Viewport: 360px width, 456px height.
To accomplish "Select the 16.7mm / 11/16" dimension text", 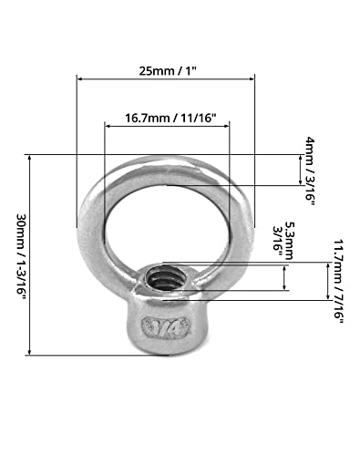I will [x=167, y=119].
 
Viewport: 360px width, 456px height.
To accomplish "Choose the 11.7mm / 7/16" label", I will [x=339, y=279].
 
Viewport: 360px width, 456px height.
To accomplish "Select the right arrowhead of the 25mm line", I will [x=254, y=78].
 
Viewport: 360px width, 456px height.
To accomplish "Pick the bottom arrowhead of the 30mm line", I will [x=32, y=352].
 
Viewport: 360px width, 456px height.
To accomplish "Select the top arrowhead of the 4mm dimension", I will [x=301, y=158].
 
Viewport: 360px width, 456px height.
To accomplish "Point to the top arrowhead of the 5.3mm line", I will [x=285, y=265].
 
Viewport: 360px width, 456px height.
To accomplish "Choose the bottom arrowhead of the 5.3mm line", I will [x=285, y=290].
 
